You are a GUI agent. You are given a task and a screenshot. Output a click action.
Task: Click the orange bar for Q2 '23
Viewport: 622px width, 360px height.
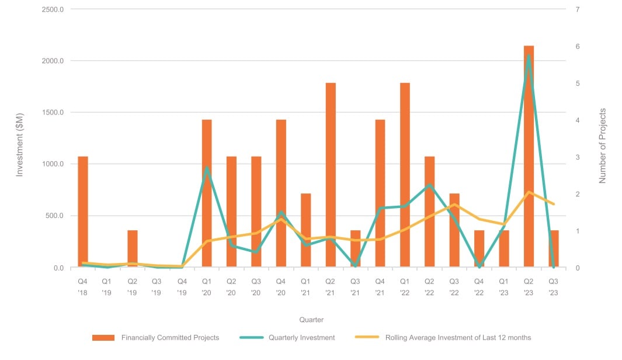[529, 158]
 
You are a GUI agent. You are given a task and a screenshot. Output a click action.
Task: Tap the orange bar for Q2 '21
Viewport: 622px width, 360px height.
[331, 175]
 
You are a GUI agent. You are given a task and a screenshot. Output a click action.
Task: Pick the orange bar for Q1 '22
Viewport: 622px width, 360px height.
[405, 175]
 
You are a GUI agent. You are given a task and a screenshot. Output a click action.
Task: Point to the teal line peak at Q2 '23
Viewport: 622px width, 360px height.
[529, 56]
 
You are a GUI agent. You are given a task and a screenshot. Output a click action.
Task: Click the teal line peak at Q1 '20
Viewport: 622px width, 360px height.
[207, 168]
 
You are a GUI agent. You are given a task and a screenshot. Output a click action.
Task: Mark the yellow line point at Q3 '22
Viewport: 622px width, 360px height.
[454, 205]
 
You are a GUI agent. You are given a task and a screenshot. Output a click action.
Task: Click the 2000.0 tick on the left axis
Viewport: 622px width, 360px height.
[52, 61]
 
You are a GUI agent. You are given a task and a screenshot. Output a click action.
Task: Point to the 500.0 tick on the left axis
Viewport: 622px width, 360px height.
[54, 216]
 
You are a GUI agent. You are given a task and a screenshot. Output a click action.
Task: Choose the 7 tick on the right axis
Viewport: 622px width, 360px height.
[577, 9]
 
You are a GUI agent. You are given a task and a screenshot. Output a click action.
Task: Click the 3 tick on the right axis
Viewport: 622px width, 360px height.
[577, 157]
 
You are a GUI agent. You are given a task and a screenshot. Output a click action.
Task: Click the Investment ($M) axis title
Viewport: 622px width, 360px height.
[19, 139]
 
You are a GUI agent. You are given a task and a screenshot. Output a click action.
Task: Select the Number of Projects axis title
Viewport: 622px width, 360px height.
[603, 146]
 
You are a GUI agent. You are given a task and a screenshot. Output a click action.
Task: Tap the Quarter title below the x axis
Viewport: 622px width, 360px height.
[311, 320]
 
